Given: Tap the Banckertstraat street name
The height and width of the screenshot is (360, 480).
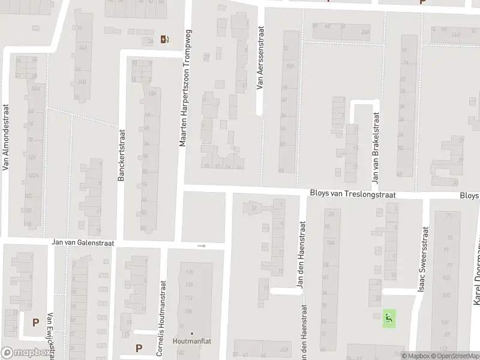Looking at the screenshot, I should (121, 156).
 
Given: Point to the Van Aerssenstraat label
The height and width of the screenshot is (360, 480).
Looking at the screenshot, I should (260, 58).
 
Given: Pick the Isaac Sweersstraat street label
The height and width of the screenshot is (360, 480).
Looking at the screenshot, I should (425, 259).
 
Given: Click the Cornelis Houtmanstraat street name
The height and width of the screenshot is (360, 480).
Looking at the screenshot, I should (160, 317).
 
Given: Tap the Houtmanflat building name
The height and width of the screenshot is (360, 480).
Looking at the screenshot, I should (192, 342).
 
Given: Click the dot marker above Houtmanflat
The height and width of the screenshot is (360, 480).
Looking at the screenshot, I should (192, 333).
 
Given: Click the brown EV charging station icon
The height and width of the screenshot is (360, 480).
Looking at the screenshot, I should (165, 40).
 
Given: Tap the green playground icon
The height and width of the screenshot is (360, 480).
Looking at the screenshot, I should (388, 318).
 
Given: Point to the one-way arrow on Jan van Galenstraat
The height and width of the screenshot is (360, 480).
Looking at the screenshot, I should (202, 245).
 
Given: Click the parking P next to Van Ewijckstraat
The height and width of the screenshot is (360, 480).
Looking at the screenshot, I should (35, 322).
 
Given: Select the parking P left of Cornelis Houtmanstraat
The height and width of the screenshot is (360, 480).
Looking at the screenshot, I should (139, 347).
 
